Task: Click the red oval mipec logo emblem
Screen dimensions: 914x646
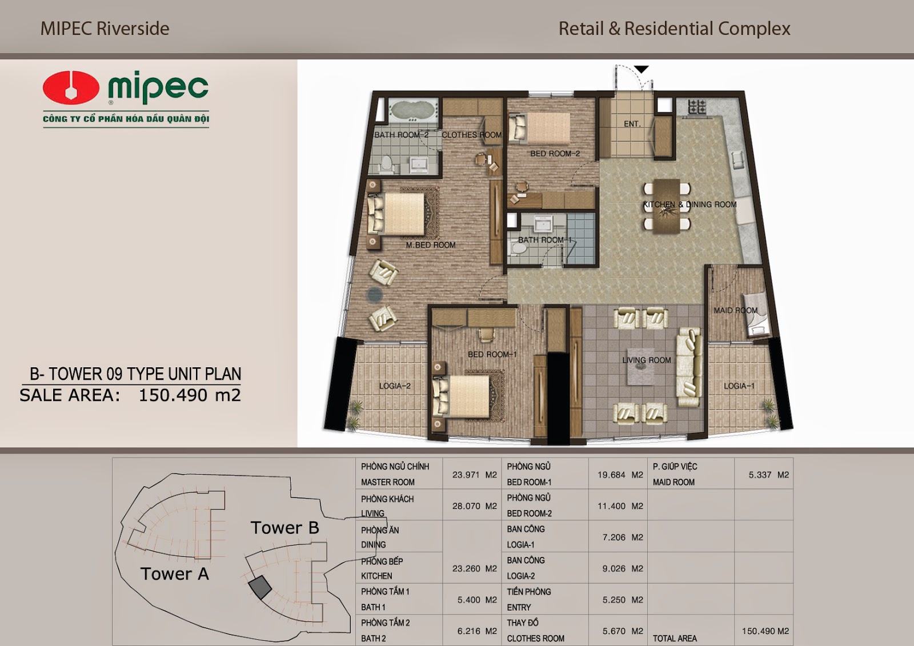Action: tap(71, 88)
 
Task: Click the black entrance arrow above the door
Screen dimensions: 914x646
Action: tap(642, 70)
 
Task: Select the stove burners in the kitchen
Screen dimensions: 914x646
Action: tap(697, 106)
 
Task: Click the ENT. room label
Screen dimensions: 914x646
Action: tap(632, 123)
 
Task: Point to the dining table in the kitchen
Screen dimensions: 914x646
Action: tap(667, 206)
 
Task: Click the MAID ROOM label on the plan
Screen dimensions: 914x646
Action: tap(735, 311)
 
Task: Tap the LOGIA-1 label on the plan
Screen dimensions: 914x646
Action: tap(739, 386)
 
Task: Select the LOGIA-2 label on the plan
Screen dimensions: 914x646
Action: tap(395, 386)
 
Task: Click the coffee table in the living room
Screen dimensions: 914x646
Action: tap(643, 366)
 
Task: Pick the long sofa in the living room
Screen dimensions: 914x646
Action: tap(689, 367)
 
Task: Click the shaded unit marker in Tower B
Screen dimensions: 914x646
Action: tap(260, 588)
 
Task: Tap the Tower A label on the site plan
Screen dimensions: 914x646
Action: tap(175, 574)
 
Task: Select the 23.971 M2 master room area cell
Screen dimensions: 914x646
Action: tap(475, 475)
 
